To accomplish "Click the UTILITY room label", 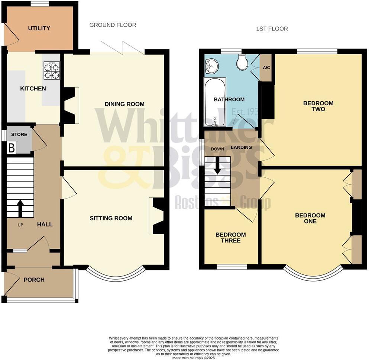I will coord(39,28).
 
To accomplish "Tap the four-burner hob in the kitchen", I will coord(52,71).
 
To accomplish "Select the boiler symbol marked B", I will coord(11,148).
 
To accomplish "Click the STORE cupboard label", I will coord(19,134).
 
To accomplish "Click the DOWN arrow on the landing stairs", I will coord(217,166).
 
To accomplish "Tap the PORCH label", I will coord(34,280).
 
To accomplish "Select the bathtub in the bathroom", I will coord(214,102).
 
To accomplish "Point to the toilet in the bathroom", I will coord(242,63).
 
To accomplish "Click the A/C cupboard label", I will coord(266,68).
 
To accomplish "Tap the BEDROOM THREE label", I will coord(230,237).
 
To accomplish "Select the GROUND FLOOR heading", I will coord(113,25).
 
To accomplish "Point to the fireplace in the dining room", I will coord(70,105).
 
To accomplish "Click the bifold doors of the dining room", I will coord(123,48).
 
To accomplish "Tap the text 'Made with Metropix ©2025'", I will coord(193,357).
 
